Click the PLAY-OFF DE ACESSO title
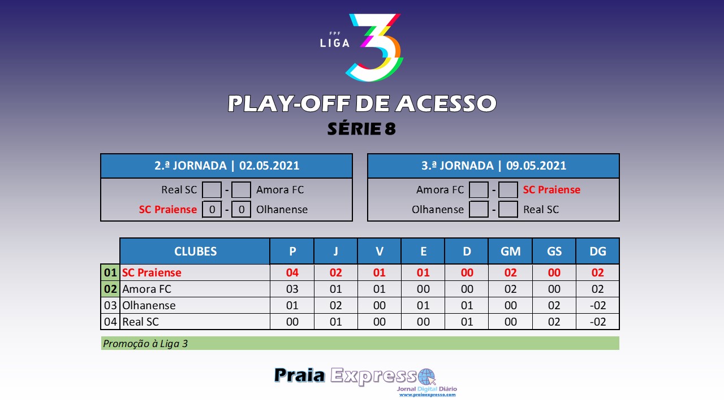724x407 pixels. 362,103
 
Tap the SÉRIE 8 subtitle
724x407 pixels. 361,128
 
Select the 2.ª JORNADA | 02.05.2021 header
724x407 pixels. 227,166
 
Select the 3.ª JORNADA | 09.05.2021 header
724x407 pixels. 494,166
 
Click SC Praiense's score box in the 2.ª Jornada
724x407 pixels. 212,209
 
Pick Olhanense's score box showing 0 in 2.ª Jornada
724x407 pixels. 241,209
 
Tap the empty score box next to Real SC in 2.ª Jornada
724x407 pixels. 212,189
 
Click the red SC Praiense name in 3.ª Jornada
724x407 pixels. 551,189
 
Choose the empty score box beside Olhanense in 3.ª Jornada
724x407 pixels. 479,209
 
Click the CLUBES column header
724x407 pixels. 195,252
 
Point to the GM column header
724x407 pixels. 510,252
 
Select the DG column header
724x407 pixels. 598,252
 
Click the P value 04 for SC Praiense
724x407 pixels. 292,272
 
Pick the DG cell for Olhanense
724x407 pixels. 598,305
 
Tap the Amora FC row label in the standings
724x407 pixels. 146,289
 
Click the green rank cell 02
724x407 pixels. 110,289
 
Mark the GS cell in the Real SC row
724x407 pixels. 554,322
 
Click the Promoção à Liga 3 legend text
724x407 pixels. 145,344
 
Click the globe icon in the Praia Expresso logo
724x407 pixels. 426,377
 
